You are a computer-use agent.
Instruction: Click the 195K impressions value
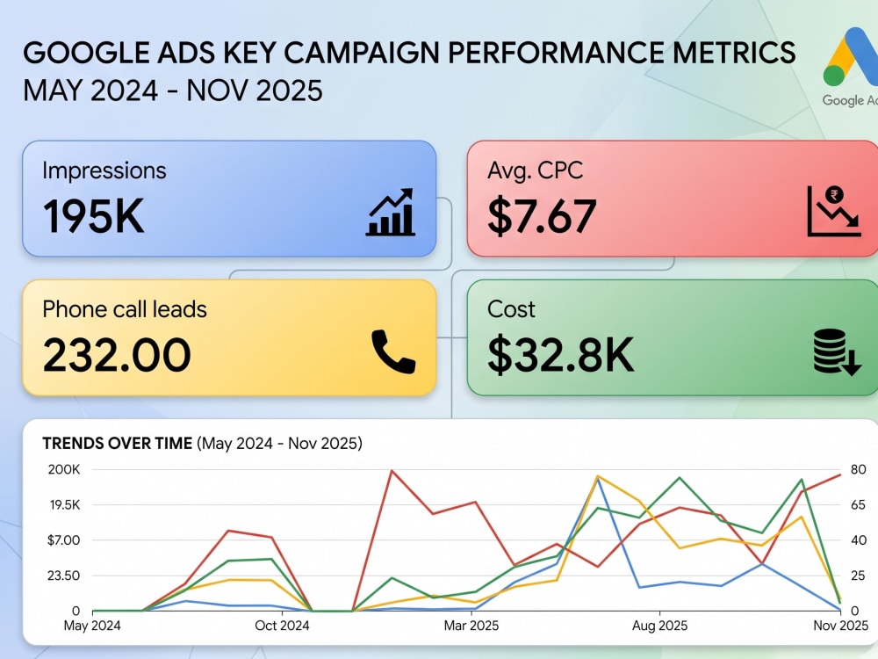tap(94, 216)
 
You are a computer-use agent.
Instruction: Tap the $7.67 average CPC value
tap(542, 216)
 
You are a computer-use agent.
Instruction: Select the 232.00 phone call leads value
tap(117, 355)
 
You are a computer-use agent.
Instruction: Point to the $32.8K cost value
tap(560, 355)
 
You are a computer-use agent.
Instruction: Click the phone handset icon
tap(393, 351)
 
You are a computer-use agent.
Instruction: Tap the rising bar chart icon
tap(391, 212)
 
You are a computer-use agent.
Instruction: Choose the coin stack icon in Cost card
tap(837, 352)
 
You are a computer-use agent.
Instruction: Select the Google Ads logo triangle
tap(851, 57)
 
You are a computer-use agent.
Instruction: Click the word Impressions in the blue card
tap(104, 170)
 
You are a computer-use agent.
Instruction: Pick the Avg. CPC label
tap(535, 170)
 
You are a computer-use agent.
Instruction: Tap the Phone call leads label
tap(125, 309)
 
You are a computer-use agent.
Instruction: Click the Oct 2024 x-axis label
tap(282, 626)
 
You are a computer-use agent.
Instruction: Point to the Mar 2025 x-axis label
tap(471, 626)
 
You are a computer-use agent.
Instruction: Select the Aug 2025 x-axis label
tap(659, 626)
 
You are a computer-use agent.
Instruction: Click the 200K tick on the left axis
tap(64, 469)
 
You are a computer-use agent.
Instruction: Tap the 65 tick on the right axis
tap(859, 505)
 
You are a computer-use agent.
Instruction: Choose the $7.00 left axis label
tap(64, 540)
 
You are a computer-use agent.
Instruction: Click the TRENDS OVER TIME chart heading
tap(118, 443)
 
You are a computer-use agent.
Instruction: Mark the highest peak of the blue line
tap(599, 480)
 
